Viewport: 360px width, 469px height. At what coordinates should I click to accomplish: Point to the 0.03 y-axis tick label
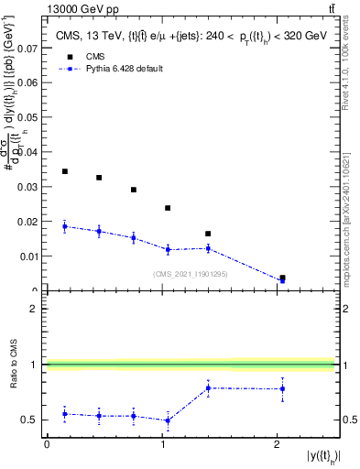(x=29, y=187)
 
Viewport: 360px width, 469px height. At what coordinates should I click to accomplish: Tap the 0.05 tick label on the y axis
(x=29, y=115)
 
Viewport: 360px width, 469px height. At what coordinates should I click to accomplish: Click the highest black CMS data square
(x=65, y=171)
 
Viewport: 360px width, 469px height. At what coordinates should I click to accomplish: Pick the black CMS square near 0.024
(x=168, y=208)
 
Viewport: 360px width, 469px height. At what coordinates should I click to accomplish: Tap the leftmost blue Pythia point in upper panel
(x=65, y=226)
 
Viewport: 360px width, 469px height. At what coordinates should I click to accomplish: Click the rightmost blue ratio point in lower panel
(x=282, y=388)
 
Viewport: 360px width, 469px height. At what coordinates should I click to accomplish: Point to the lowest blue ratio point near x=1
(x=168, y=420)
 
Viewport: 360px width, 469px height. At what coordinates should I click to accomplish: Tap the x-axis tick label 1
(x=161, y=444)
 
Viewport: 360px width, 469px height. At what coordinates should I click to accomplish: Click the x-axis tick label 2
(x=277, y=444)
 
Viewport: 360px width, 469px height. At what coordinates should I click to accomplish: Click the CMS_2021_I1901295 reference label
(x=190, y=274)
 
